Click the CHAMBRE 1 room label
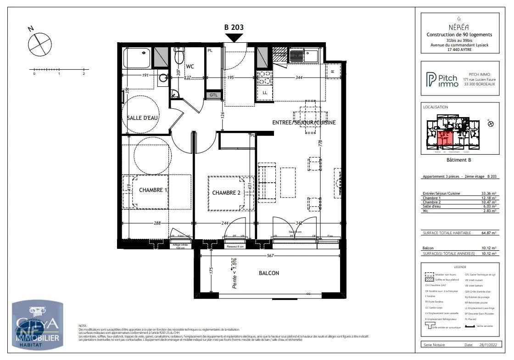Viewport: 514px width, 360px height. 153,190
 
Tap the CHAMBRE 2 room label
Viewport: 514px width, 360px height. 226,193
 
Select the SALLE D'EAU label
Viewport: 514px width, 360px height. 143,118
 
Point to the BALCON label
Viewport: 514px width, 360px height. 269,273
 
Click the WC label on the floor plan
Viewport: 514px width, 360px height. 190,67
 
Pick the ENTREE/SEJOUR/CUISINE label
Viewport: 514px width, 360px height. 304,123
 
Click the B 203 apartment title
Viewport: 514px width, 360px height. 234,27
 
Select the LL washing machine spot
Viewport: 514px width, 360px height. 265,93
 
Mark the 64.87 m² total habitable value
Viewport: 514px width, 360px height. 490,233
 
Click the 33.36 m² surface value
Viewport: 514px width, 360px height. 490,193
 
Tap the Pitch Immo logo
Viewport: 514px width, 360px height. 442,80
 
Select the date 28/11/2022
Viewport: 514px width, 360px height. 487,344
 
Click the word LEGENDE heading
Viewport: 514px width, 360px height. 460,267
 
